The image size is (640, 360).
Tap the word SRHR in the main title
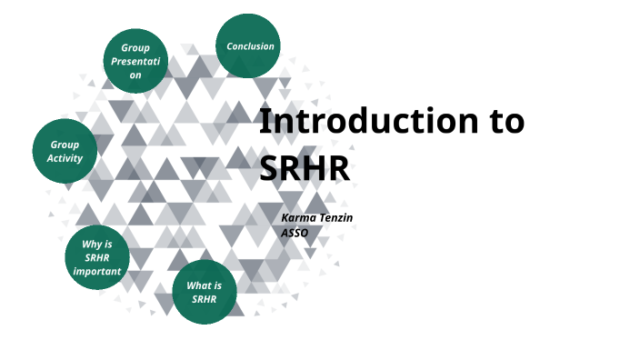pyautogui.click(x=305, y=166)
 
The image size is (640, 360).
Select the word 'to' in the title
pyautogui.click(x=504, y=121)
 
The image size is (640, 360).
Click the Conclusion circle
pyautogui.click(x=249, y=45)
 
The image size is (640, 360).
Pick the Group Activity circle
pyautogui.click(x=65, y=151)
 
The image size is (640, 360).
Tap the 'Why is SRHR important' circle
pyautogui.click(x=97, y=257)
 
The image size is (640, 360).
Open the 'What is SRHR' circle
pyautogui.click(x=205, y=292)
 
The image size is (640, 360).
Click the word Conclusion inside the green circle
pyautogui.click(x=250, y=46)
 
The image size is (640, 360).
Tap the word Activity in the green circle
pyautogui.click(x=65, y=158)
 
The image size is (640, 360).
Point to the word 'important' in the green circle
pyautogui.click(x=97, y=271)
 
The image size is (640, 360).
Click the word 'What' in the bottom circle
pyautogui.click(x=198, y=285)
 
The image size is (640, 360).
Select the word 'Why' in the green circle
pyautogui.click(x=91, y=244)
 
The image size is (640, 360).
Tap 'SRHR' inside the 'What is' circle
pyautogui.click(x=205, y=298)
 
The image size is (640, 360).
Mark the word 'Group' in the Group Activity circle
pyautogui.click(x=65, y=145)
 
